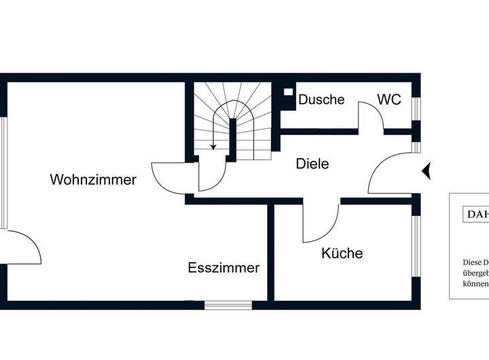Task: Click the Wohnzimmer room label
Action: coord(93,180)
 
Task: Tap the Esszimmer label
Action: coord(223,268)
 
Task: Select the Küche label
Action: coord(342,253)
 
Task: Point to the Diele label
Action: coord(312,164)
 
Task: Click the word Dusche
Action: coord(321,99)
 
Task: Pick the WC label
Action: coord(389,99)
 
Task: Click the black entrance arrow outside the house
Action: coord(427,170)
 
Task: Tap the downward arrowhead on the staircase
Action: coord(213,146)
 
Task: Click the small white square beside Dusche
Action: coord(288,92)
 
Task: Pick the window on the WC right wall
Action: coord(416,108)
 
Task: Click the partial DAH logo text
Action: coord(475,215)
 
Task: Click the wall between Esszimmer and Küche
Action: coord(270,251)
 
